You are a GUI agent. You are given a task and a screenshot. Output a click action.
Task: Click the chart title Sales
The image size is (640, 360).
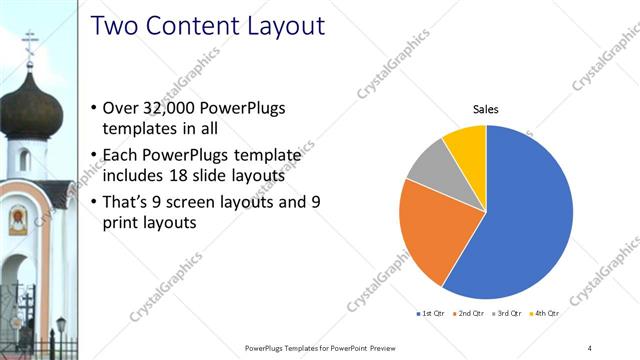coord(485,109)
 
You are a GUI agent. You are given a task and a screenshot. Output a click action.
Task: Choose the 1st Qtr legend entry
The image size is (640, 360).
coord(433,314)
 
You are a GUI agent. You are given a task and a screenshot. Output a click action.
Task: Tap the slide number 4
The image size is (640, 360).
coord(590,347)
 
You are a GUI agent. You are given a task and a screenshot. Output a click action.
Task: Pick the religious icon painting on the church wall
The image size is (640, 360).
coord(18,219)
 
